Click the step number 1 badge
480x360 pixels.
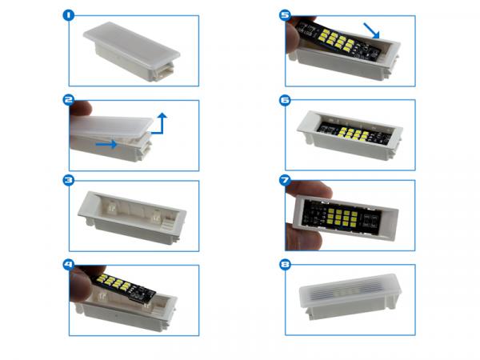pos(69,15)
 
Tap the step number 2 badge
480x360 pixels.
pos(69,100)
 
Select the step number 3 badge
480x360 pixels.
pos(69,180)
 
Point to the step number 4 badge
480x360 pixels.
pos(69,264)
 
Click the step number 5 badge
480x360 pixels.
pos(285,15)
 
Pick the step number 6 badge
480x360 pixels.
pos(285,100)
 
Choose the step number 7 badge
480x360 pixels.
pos(285,180)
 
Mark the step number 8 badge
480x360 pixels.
pos(285,264)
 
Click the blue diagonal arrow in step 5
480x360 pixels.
pos(372,30)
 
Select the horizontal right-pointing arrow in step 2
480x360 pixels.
pos(106,144)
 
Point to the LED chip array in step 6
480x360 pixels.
pos(352,134)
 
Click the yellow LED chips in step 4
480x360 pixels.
pos(114,282)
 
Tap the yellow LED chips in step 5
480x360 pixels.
pos(337,39)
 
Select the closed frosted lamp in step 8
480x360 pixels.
pos(350,296)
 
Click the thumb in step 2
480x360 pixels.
pos(80,108)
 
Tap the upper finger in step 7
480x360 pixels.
pos(309,190)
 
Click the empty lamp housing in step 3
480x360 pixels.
pos(132,218)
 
